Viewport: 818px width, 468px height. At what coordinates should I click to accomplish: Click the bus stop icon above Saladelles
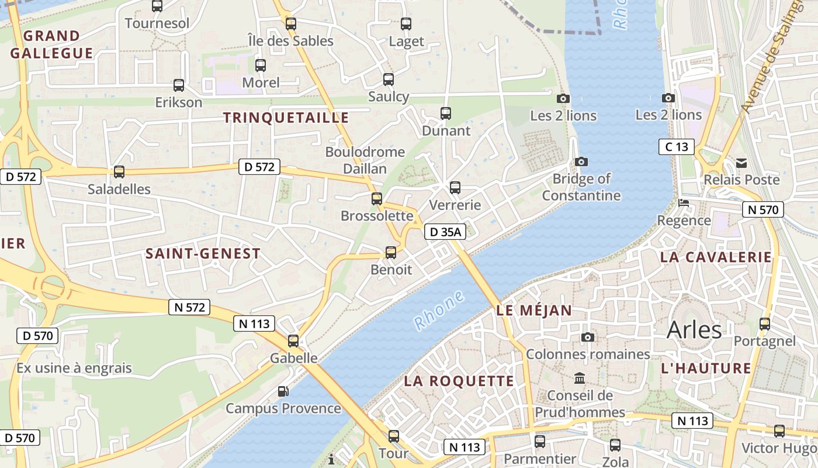119,172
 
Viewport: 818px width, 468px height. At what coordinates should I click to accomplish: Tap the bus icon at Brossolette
377,199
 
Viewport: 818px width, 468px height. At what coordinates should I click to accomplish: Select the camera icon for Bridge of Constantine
581,161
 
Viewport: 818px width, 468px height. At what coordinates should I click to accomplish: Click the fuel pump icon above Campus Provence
283,391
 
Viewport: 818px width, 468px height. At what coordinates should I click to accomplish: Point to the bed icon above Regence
683,203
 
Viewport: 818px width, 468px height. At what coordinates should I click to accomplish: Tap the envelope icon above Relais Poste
741,163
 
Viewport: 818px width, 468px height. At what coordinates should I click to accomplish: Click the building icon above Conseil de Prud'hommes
580,378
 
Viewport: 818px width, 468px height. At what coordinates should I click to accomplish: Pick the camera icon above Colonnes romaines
588,337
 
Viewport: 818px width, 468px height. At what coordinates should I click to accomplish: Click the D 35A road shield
445,232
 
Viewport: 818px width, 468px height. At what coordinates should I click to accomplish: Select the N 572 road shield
189,307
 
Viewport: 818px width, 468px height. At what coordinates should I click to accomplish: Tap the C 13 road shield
677,147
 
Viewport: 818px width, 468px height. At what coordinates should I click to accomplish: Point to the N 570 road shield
762,209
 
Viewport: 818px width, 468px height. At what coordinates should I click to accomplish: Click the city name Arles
694,330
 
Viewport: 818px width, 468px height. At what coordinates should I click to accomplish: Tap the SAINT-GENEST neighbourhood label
203,254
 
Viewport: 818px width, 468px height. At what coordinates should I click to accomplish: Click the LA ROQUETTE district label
459,381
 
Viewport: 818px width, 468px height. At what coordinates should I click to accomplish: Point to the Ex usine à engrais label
74,369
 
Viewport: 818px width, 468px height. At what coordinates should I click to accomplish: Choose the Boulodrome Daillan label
365,160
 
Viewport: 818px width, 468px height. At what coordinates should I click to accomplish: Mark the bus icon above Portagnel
764,324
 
